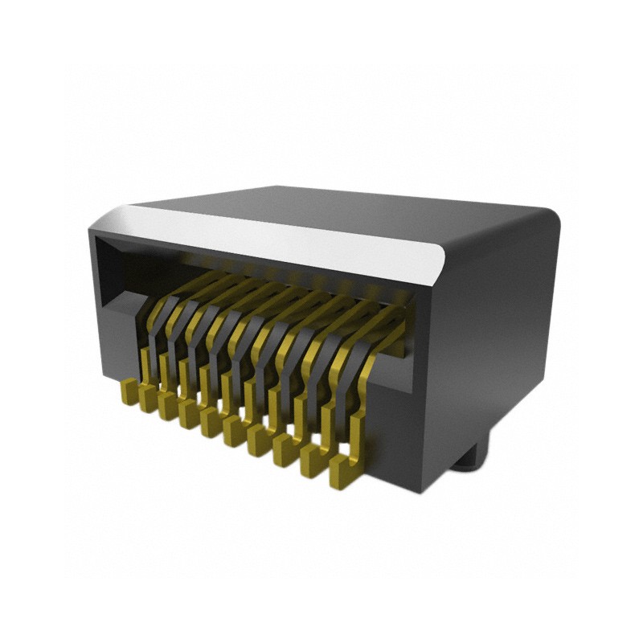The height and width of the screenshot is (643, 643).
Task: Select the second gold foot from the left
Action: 147,399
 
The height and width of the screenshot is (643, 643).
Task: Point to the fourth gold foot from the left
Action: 190,414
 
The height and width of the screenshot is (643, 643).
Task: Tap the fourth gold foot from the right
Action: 260,440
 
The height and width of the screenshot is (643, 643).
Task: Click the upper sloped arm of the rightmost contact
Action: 386,321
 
